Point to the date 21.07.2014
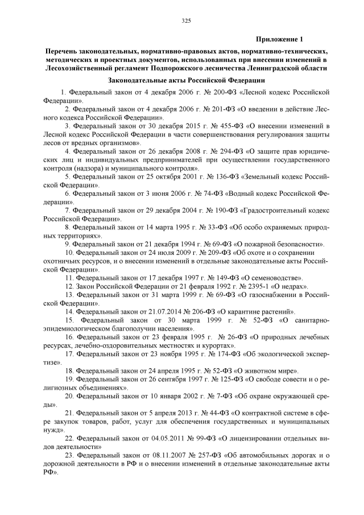pyautogui.click(x=156, y=312)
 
